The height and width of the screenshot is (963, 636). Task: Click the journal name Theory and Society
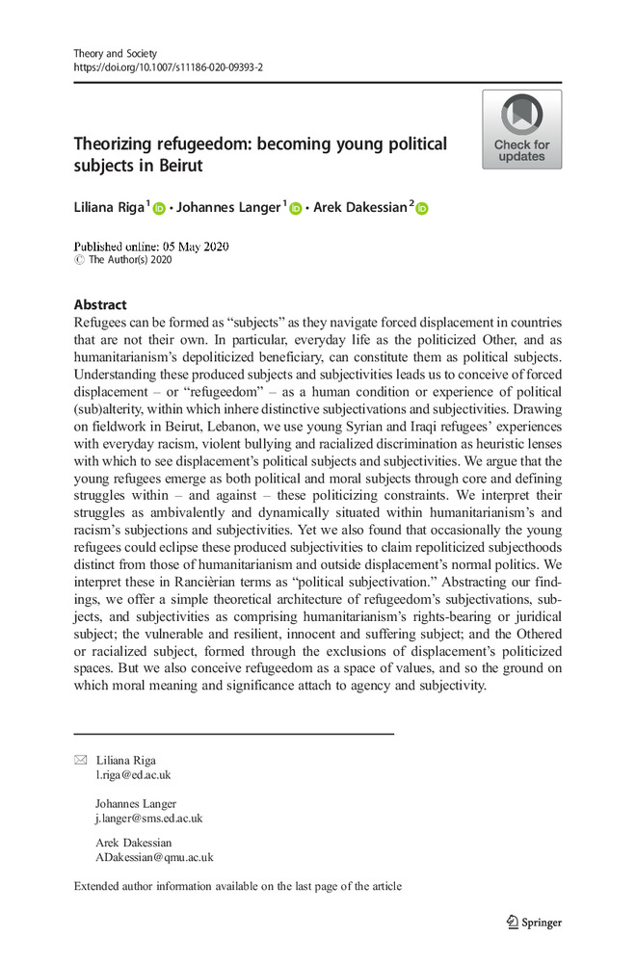pos(116,53)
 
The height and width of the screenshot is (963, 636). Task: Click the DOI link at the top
pos(168,68)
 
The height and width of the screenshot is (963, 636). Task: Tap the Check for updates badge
pos(521,130)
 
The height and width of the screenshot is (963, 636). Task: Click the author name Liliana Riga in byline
pos(106,207)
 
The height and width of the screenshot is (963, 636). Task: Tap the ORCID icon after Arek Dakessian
pos(422,208)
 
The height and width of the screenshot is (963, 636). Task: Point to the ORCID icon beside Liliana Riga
pos(159,208)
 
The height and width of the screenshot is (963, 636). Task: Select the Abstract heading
pos(99,304)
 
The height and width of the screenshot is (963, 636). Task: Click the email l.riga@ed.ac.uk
pos(133,774)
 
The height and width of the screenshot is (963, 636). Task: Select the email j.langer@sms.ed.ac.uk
pos(148,819)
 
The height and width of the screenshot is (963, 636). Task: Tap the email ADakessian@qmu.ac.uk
pos(154,856)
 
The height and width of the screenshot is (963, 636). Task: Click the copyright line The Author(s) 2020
pos(128,259)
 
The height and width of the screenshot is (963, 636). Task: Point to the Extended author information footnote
pos(238,886)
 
